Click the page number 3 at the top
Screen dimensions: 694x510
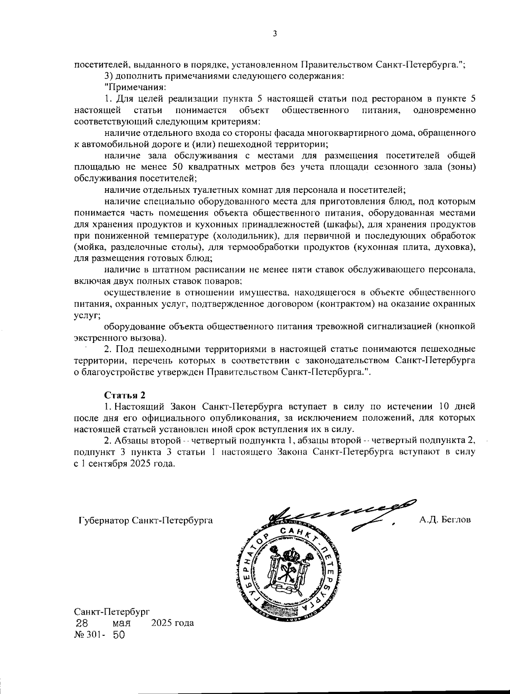(275, 34)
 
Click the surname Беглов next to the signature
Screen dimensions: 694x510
(445, 519)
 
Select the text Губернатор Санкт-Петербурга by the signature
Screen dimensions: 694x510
(146, 520)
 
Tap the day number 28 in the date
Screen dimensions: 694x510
(82, 623)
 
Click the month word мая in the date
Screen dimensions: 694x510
(122, 623)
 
